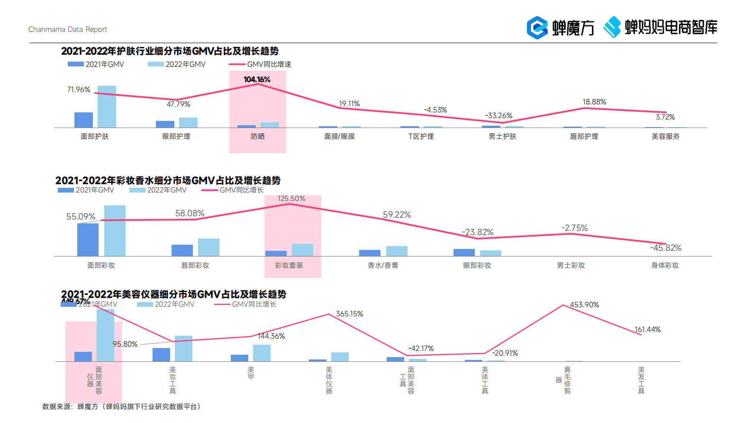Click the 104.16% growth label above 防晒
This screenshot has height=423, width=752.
tap(257, 80)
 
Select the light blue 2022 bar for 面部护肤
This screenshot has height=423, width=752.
tap(107, 107)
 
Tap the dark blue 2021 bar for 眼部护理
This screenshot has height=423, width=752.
tap(165, 124)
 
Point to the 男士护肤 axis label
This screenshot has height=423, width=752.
tap(502, 137)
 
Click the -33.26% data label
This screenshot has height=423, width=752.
tap(498, 116)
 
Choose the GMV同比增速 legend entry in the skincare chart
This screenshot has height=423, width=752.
tap(260, 64)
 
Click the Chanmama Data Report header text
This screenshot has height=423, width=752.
tap(68, 29)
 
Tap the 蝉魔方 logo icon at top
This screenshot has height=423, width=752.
tap(537, 28)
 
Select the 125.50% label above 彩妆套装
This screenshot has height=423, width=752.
tap(291, 199)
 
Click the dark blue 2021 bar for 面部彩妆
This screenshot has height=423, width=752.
tap(88, 239)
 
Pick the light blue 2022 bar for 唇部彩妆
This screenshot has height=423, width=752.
tap(208, 247)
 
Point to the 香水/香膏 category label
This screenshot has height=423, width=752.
tap(383, 266)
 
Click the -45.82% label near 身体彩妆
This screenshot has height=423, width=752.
tap(665, 248)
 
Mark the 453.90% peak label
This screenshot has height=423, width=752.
tap(584, 305)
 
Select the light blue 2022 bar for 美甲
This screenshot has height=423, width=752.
tap(262, 353)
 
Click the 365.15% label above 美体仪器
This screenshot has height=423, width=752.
tap(349, 314)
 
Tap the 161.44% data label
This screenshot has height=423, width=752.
tap(647, 330)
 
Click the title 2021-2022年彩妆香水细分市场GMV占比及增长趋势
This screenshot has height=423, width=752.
tap(168, 181)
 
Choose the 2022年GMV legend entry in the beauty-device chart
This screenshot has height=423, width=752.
tap(166, 304)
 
